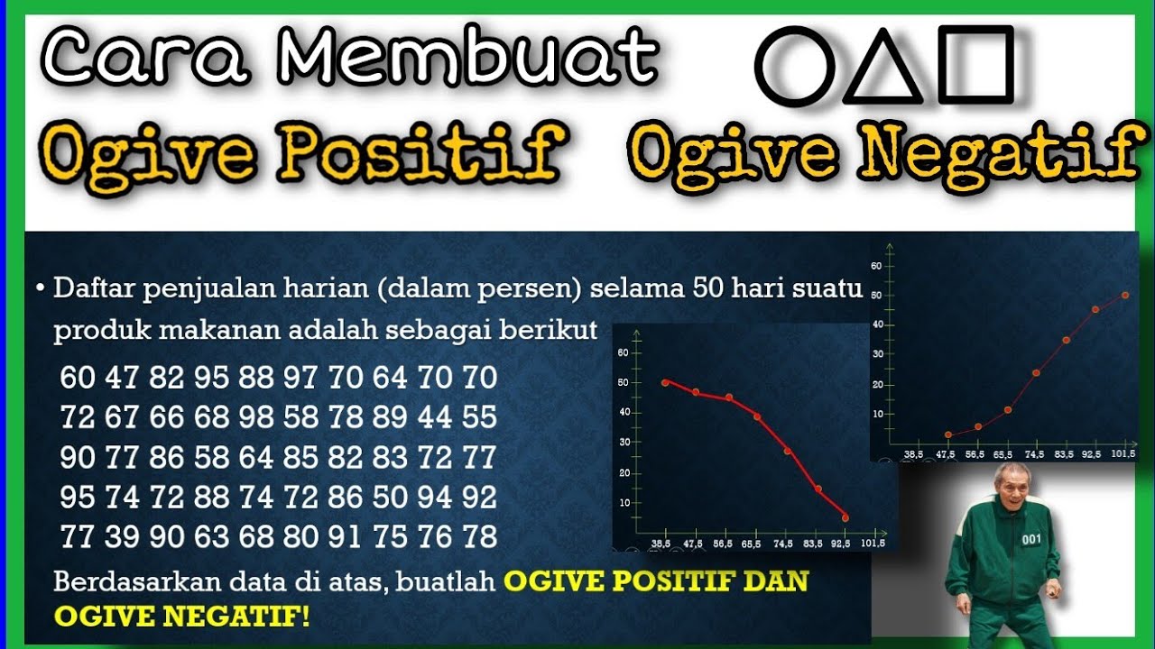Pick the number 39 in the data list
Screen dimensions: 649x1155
coord(122,537)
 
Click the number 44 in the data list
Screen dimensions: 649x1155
coord(435,417)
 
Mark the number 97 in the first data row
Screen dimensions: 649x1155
coord(301,378)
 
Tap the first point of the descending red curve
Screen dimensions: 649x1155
coord(665,382)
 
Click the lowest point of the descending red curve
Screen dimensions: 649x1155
coord(845,517)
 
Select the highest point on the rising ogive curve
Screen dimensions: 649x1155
coord(1125,295)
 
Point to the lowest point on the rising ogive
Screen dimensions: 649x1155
coord(947,434)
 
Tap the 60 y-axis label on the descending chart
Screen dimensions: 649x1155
coord(623,352)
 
